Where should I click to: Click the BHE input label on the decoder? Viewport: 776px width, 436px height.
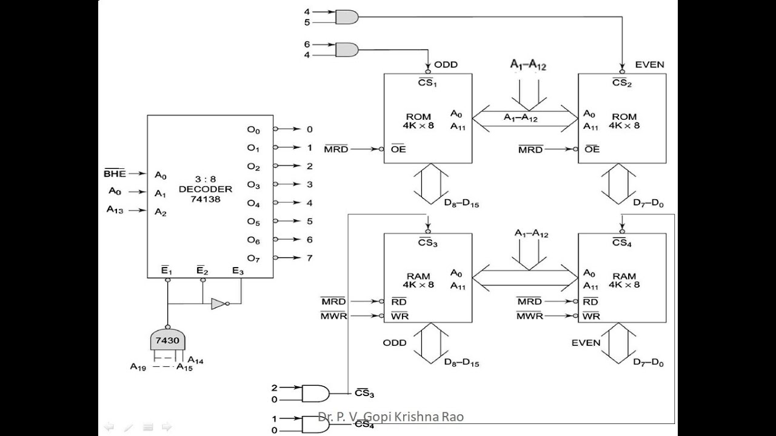coord(115,174)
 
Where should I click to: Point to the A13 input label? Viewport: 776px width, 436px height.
coord(117,210)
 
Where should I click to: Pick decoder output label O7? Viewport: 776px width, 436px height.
coord(253,259)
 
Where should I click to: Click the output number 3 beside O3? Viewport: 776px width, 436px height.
coord(309,184)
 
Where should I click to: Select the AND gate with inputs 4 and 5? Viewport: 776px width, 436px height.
coord(346,17)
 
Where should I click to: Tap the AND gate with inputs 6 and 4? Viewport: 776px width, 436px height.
coord(346,49)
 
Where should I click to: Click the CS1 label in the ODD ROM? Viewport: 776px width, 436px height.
coord(427,83)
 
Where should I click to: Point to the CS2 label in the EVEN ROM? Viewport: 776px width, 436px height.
coord(621,83)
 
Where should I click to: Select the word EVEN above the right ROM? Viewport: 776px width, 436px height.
coord(649,64)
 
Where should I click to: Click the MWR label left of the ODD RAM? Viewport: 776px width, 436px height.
coord(333,315)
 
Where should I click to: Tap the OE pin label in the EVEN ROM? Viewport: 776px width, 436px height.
coord(592,150)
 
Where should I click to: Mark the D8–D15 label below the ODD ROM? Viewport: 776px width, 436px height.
coord(461,205)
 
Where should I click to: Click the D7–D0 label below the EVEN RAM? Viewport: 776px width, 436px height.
coord(648,363)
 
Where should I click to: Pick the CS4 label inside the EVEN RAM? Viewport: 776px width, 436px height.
coord(621,243)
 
